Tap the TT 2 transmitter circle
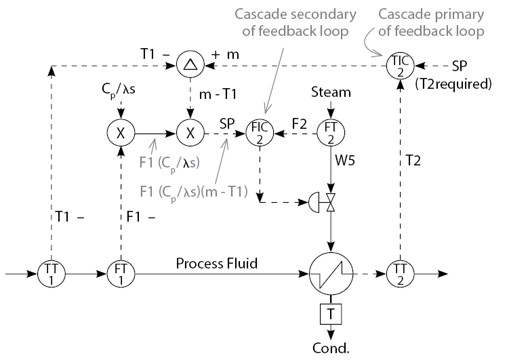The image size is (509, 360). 398,275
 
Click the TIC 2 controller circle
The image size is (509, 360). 398,66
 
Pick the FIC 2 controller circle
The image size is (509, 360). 259,133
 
